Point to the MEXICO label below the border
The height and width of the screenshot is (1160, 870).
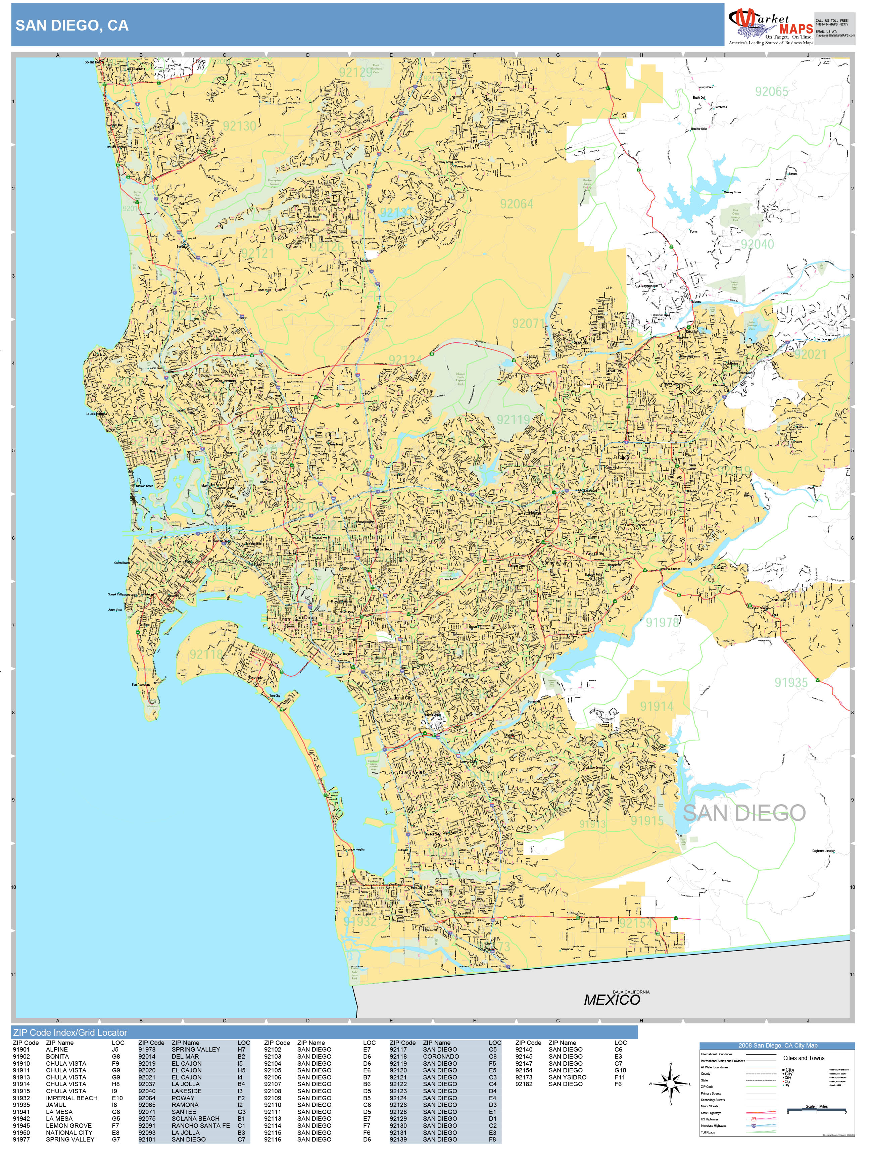[x=612, y=1000]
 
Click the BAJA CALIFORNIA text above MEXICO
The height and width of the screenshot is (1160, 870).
[x=631, y=992]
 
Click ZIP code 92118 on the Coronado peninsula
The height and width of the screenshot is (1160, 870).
[x=206, y=654]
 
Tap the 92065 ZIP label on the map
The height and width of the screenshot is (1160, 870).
[x=771, y=92]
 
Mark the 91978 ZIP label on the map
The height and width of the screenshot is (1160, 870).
[x=662, y=622]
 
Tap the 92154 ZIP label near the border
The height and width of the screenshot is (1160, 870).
[x=636, y=923]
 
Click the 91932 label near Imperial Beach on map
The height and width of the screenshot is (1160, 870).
[x=360, y=921]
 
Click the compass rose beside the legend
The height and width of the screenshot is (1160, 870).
[x=670, y=1083]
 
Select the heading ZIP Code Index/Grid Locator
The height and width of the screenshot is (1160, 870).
[x=70, y=1032]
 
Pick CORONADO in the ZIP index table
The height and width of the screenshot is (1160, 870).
[x=440, y=1056]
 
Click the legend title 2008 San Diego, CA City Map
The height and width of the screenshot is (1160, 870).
[x=777, y=1045]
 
